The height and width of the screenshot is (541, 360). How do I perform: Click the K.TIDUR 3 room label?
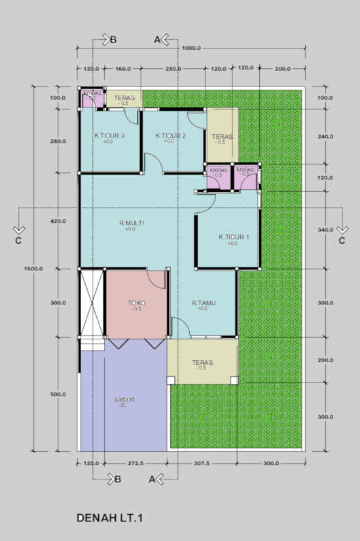109,136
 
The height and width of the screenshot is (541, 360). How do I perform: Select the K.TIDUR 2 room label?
171,136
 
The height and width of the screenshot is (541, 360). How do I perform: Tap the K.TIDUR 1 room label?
233,237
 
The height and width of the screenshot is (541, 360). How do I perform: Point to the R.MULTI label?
131,223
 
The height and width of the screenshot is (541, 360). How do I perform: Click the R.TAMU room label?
204,303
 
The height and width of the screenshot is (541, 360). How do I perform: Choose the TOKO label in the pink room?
137,303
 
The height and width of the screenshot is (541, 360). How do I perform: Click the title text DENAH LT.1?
110,518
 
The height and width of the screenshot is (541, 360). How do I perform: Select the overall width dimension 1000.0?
191,48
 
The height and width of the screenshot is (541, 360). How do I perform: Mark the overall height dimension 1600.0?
33,268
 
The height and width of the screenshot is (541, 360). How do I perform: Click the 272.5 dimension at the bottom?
136,463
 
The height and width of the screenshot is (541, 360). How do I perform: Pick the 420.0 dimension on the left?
58,221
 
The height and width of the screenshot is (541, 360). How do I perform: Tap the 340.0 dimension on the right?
325,231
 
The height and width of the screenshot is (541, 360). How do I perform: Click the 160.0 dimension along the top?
123,68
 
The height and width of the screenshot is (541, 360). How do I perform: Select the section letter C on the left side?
18,240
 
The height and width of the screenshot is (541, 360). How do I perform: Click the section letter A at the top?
157,39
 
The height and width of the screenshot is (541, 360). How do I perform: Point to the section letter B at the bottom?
118,479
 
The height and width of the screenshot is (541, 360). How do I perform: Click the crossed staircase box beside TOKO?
92,303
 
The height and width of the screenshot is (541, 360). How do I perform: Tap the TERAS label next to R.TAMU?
203,362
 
